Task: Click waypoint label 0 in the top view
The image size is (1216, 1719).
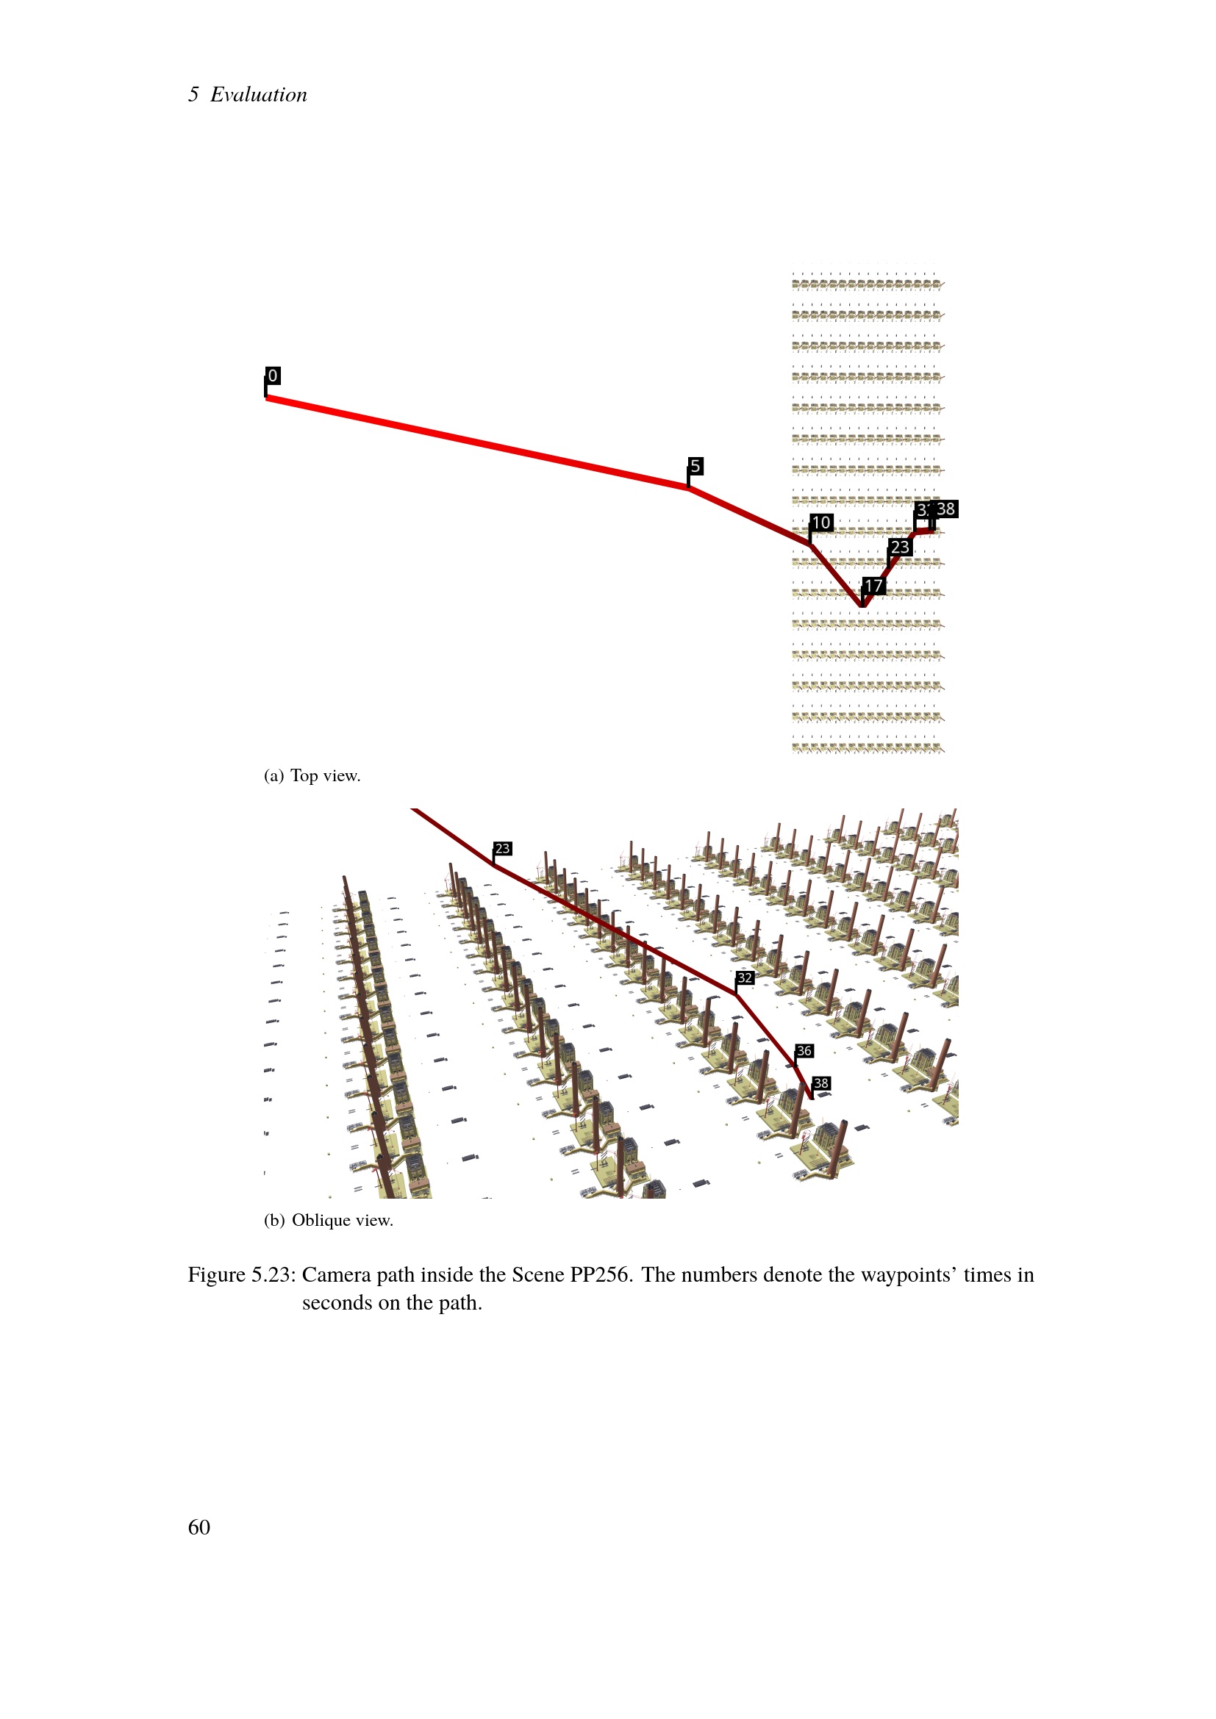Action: [x=273, y=376]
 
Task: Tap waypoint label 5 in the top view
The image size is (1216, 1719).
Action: [x=695, y=467]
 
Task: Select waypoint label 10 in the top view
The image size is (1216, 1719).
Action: [x=821, y=523]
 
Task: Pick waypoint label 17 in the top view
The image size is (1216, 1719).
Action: [x=874, y=586]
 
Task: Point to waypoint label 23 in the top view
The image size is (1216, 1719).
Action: [x=900, y=548]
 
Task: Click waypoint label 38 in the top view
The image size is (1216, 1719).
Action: [x=945, y=509]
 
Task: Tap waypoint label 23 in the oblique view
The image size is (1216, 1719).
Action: [x=502, y=848]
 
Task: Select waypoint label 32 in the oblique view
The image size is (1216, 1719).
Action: [x=745, y=977]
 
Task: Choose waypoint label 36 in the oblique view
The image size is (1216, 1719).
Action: [x=804, y=1050]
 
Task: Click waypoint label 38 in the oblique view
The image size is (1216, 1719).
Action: [x=821, y=1083]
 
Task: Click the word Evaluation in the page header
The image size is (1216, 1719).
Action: [x=258, y=94]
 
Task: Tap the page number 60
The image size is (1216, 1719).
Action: [x=199, y=1526]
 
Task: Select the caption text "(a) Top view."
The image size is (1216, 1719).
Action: [x=312, y=775]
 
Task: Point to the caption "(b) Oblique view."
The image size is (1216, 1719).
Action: [x=328, y=1221]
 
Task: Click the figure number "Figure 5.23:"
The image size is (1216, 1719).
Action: [x=242, y=1275]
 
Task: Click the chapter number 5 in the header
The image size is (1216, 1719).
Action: [x=193, y=94]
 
